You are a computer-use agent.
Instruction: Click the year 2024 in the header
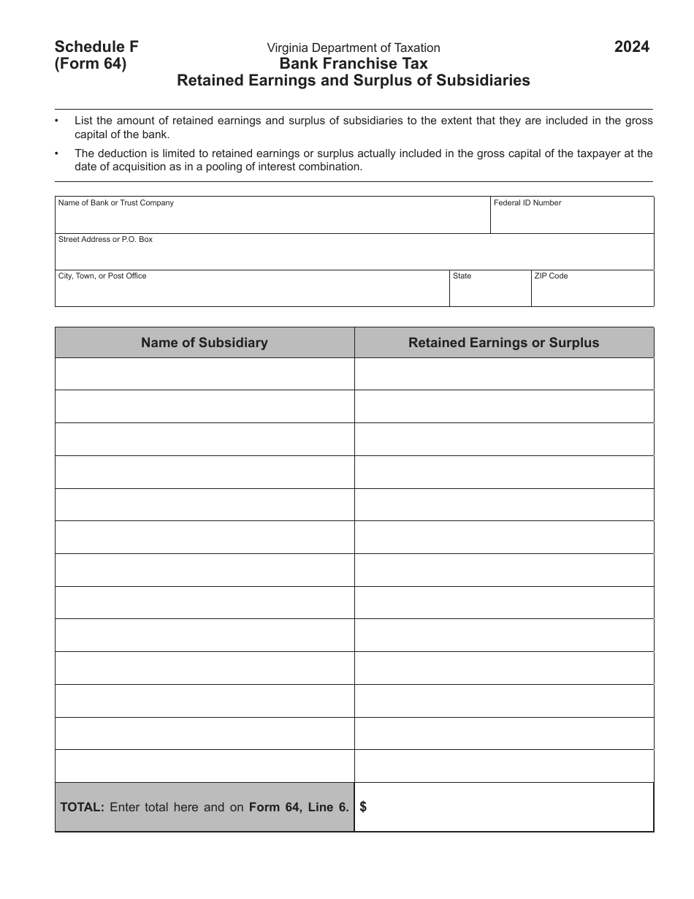coord(631,48)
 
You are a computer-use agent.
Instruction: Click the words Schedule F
coord(96,47)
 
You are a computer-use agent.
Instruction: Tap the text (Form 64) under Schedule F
coord(91,64)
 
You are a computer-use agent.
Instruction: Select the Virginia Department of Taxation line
coord(354,48)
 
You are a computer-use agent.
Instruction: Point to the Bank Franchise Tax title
coord(354,64)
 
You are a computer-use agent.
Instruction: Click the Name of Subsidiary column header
coord(205,343)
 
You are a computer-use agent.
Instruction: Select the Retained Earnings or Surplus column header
coord(504,343)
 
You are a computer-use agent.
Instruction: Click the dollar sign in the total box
coord(363,807)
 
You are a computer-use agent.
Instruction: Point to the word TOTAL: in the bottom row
coord(83,808)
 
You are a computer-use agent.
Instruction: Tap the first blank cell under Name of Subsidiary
coord(205,373)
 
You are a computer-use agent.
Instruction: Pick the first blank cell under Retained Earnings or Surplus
coord(504,373)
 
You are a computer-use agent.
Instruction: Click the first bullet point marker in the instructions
coord(58,121)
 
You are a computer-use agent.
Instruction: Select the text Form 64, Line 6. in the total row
coord(299,808)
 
